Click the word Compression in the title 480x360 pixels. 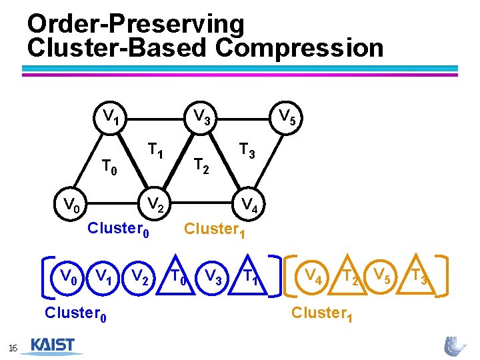300,48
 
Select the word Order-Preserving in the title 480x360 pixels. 136,24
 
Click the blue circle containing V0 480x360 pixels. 67,275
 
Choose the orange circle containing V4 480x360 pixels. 312,275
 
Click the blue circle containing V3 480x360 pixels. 213,275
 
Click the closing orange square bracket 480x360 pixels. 446,275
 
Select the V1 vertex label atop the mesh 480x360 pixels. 110,116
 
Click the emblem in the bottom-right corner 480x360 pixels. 456,346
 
